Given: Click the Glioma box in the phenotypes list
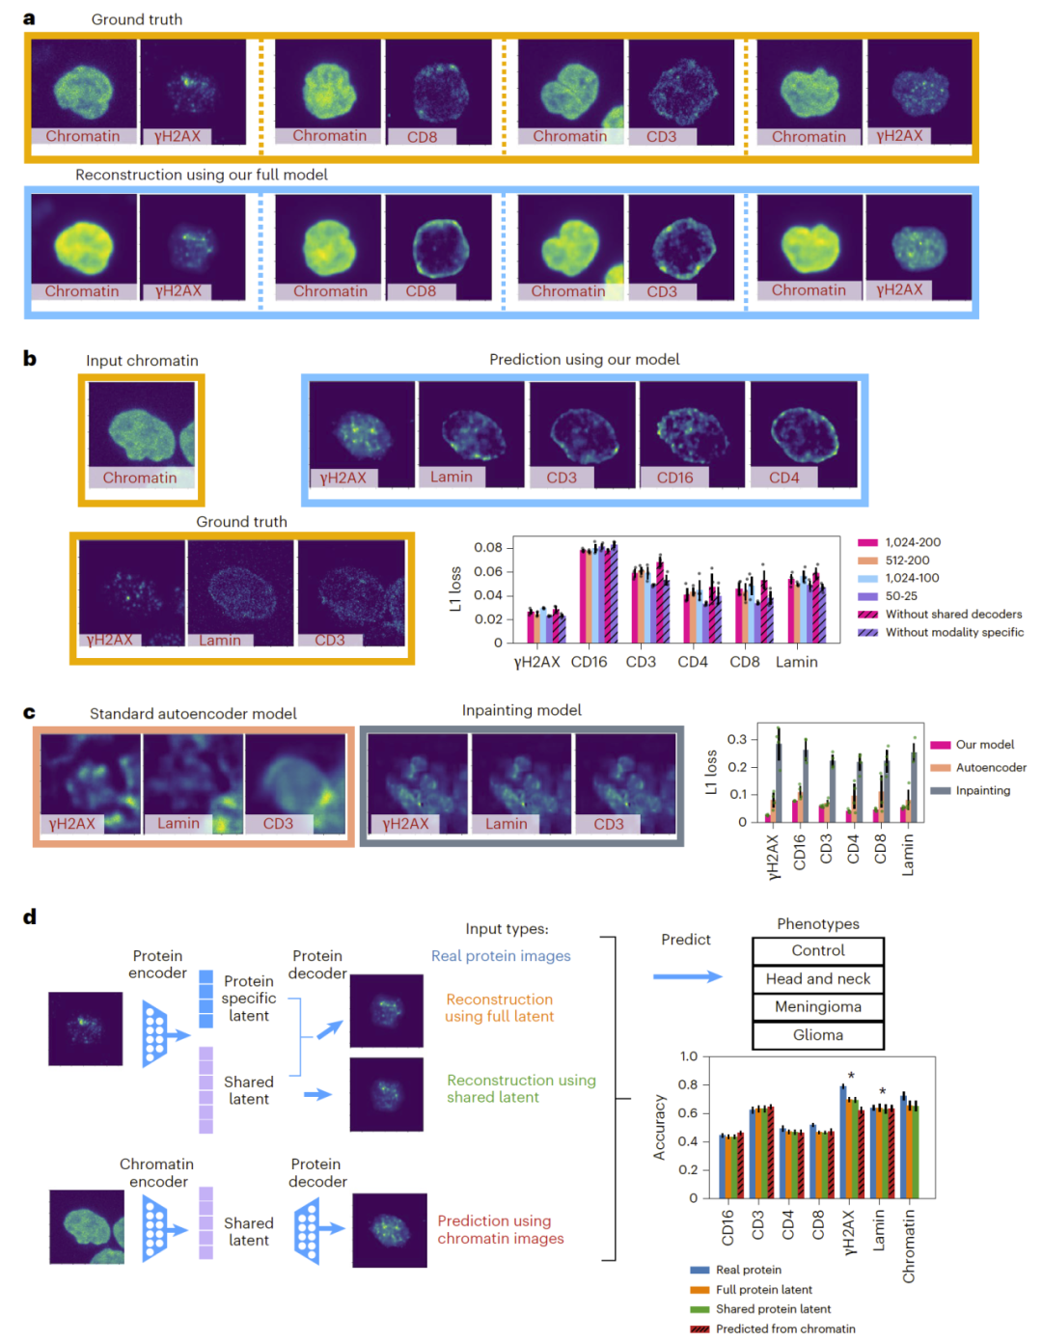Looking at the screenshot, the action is click(x=817, y=1035).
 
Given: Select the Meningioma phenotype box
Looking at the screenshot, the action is click(x=817, y=1007).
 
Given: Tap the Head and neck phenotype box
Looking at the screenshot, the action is click(x=817, y=978).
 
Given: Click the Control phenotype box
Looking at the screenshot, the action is click(x=817, y=950).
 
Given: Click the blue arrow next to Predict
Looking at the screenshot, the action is click(x=687, y=976).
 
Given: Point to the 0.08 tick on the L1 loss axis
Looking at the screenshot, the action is click(x=488, y=548).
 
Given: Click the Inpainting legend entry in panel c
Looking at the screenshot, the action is click(x=982, y=790).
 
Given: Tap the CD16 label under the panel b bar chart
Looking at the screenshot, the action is click(x=589, y=662).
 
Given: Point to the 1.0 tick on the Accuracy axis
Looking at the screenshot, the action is click(x=688, y=1056).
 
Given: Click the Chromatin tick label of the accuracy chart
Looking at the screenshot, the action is click(x=909, y=1246).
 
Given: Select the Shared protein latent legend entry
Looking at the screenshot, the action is click(x=773, y=1309).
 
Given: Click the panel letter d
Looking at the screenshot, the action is click(x=30, y=917).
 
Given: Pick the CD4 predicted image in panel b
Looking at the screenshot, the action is click(x=804, y=433).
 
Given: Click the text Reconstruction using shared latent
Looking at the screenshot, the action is click(x=521, y=1088).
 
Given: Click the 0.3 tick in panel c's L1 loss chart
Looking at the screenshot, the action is click(x=737, y=739).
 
